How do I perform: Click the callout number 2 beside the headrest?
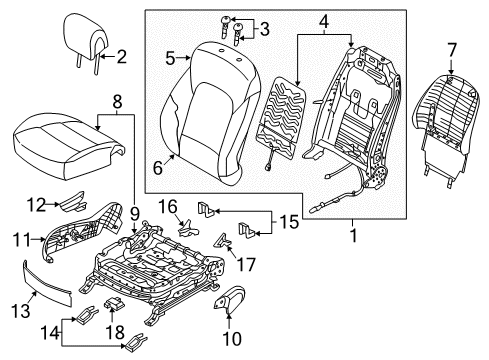tap(122, 57)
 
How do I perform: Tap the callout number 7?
tap(451, 51)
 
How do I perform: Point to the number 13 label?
tap(21, 311)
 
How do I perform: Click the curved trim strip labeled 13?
tap(47, 284)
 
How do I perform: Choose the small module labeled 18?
tap(114, 303)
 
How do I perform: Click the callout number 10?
tap(232, 339)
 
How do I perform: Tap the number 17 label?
tap(246, 264)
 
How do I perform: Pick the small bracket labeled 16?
tap(189, 228)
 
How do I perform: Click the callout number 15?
tap(289, 222)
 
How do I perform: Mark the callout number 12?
tap(36, 205)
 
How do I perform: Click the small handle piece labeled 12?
tap(72, 202)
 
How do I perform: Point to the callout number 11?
tap(22, 240)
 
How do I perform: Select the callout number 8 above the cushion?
tap(117, 102)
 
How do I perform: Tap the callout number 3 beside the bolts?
tap(264, 29)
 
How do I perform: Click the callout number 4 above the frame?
tap(324, 22)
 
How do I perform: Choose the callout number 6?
tap(158, 167)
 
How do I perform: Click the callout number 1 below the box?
tap(353, 236)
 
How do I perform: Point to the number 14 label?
tap(50, 332)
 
